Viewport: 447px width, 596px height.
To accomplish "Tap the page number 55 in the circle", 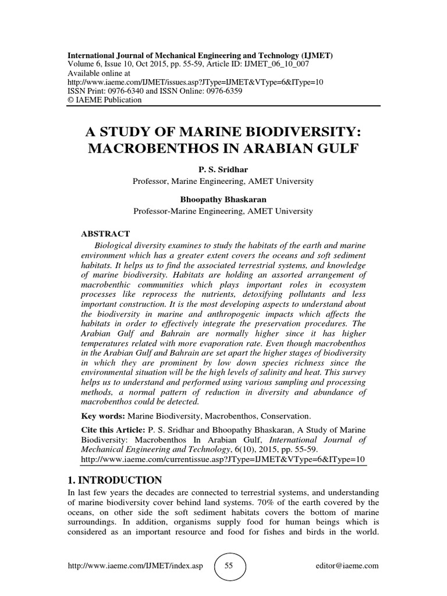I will pos(229,566).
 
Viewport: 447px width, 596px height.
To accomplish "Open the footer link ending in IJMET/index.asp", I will pos(135,566).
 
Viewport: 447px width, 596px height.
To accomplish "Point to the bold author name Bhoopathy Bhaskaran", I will pos(223,200).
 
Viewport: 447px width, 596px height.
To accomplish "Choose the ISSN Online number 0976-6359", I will pos(221,91).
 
